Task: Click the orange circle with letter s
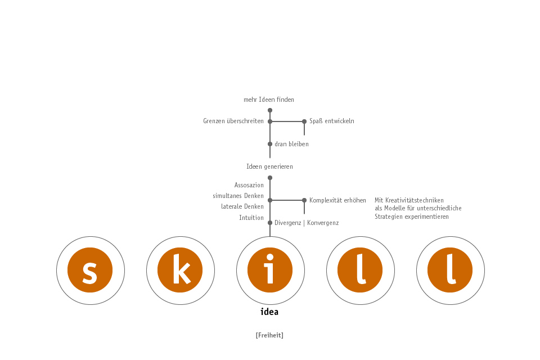click(90, 270)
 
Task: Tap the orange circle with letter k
click(180, 270)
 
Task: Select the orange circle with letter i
click(270, 270)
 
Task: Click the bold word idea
click(269, 312)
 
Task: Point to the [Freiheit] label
click(269, 335)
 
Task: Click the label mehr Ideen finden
click(269, 100)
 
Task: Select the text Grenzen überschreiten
click(233, 121)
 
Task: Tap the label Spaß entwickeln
click(332, 121)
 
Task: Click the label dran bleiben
click(292, 144)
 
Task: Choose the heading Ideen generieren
click(269, 166)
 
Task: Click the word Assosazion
click(249, 185)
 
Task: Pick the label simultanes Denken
click(238, 196)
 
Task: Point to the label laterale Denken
click(242, 206)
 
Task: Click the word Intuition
click(251, 218)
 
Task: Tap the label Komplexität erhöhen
click(338, 200)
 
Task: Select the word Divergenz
click(288, 223)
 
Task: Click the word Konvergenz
click(323, 223)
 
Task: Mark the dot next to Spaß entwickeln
click(304, 121)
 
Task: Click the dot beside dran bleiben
click(270, 144)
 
